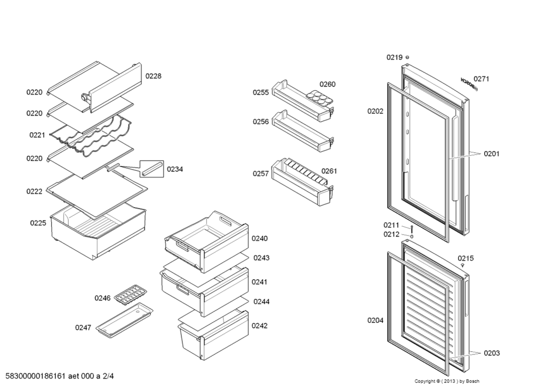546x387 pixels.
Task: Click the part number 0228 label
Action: [153, 76]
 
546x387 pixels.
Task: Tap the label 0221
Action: [37, 135]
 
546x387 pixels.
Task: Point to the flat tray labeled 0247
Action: [124, 320]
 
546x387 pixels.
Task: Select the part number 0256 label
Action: [261, 121]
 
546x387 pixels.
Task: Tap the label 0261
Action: [329, 171]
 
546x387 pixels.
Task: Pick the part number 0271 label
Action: [481, 79]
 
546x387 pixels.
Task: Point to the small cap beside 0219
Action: [407, 58]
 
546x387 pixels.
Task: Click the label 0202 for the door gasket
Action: [375, 111]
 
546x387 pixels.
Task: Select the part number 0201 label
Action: [492, 154]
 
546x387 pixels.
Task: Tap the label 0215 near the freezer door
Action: [465, 258]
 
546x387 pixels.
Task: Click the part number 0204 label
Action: [375, 320]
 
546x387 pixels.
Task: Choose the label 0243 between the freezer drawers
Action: [261, 258]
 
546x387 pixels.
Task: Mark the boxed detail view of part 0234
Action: [152, 169]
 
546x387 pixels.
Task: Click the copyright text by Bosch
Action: [447, 381]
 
